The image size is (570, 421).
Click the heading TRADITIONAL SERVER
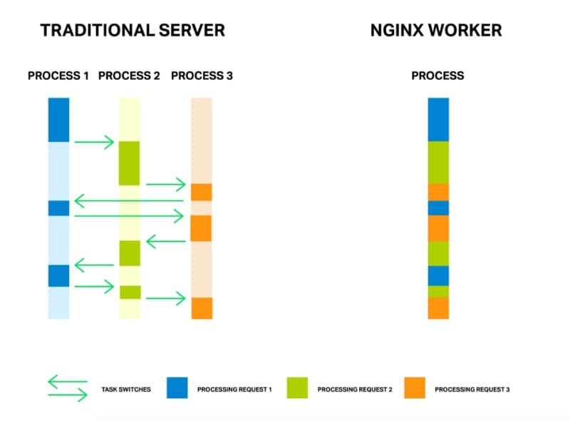133,31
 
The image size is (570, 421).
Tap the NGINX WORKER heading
436,31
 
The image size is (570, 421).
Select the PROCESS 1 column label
58,76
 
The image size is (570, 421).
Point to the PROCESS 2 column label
129,76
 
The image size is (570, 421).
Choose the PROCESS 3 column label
202,76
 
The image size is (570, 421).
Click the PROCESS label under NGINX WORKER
437,76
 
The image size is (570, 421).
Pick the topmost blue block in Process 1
58,120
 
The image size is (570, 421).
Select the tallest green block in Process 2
129,163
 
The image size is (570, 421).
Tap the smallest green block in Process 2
130,292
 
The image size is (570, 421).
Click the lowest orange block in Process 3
202,308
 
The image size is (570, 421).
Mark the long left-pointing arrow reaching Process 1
128,201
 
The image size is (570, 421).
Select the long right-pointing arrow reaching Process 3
128,214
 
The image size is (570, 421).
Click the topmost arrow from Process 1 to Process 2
94,142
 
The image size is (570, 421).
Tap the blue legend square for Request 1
177,388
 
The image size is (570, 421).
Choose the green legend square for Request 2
297,388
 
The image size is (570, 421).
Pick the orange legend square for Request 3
414,388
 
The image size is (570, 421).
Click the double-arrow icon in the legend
68,388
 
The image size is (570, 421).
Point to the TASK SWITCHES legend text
126,390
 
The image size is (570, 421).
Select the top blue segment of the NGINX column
438,120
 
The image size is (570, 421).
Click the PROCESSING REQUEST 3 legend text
472,390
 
